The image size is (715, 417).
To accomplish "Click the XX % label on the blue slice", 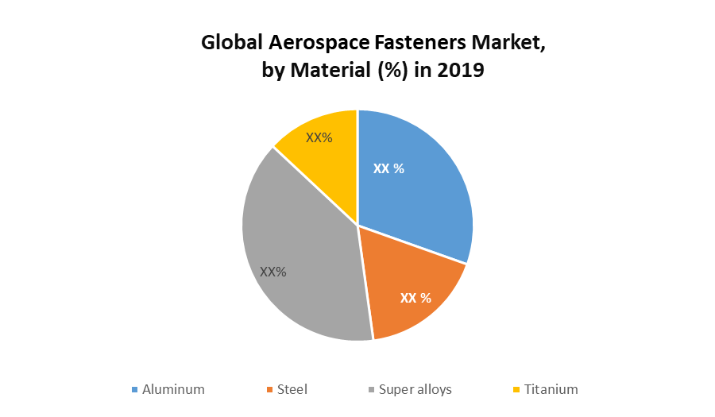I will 389,168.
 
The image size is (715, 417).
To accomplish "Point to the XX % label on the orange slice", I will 415,299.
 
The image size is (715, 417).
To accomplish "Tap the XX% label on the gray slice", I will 272,272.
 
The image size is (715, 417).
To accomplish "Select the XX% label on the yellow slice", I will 319,137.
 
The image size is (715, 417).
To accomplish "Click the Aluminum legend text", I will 173,389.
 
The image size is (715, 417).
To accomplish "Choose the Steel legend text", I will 292,389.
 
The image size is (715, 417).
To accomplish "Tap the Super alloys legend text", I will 415,389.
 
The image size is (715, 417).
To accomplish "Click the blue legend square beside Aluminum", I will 135,390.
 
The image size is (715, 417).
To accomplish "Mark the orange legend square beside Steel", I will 269,390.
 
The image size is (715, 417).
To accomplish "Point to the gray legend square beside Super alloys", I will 372,390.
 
